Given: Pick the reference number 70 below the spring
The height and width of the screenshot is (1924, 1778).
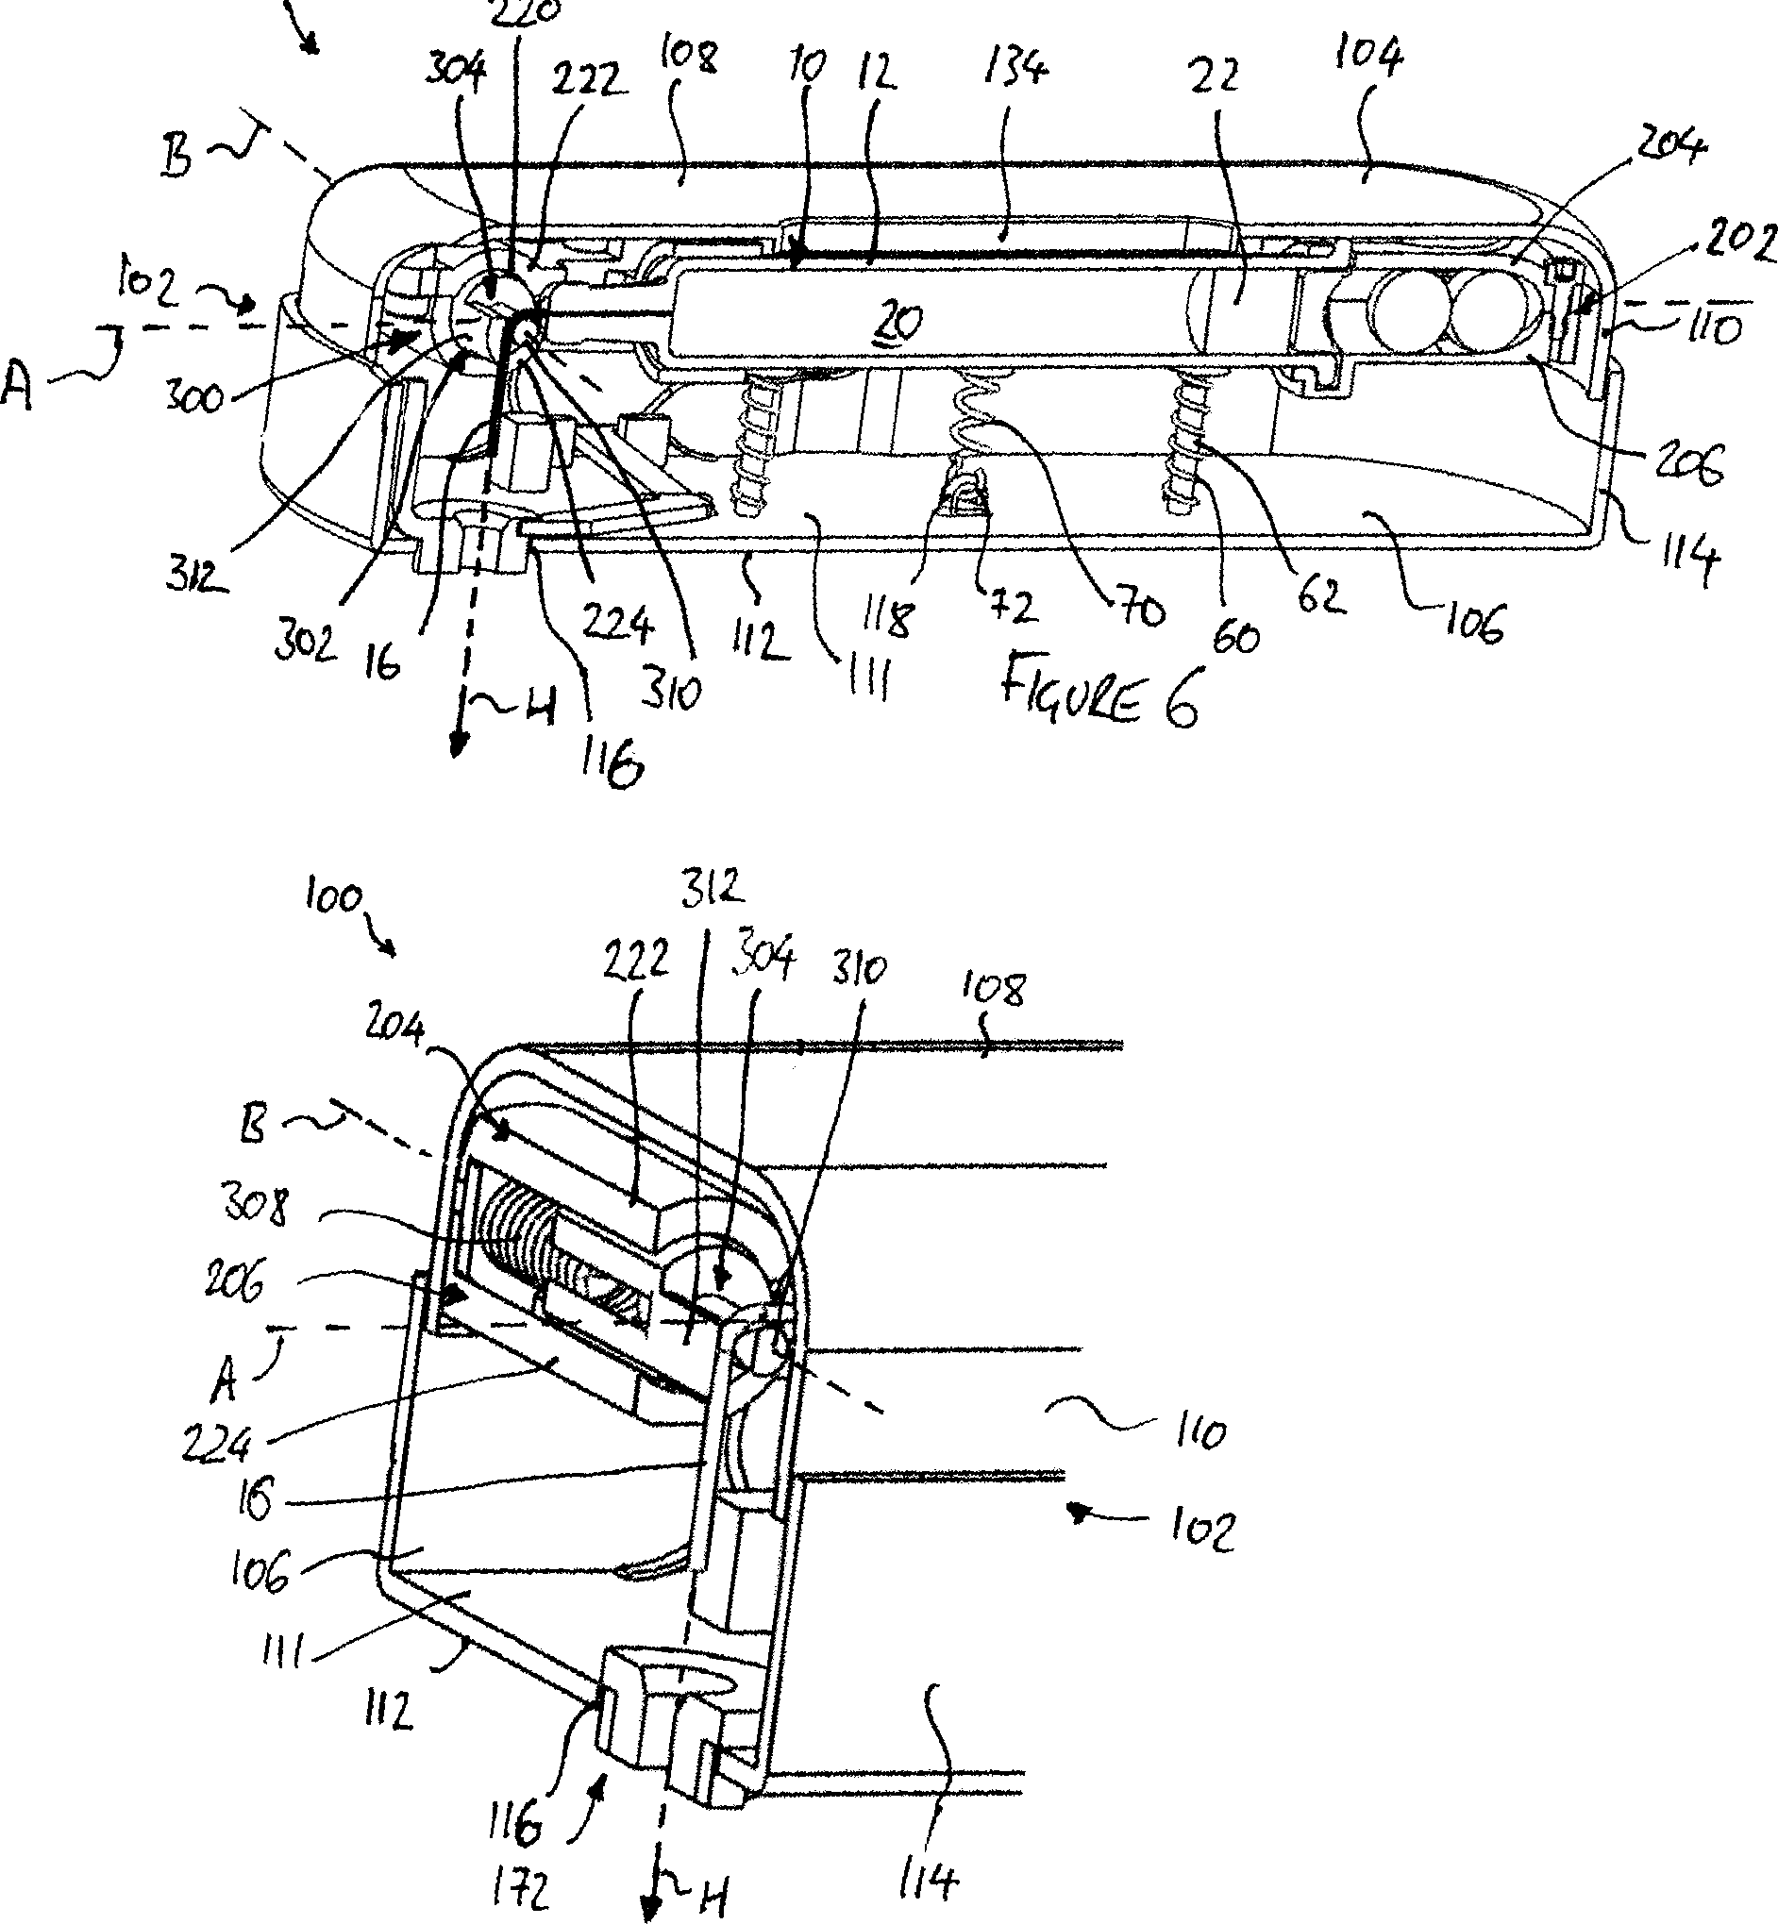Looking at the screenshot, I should coord(1141,610).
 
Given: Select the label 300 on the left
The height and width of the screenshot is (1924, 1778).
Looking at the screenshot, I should coord(195,394).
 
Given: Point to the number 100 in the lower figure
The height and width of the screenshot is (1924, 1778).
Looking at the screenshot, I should coord(333,899).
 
